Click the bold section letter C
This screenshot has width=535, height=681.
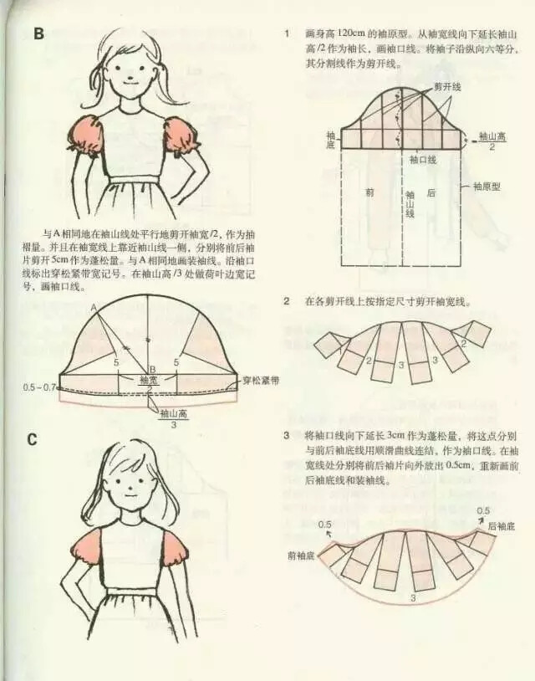tap(33, 438)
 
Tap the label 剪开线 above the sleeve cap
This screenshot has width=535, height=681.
tap(448, 87)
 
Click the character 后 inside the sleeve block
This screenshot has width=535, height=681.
tap(433, 192)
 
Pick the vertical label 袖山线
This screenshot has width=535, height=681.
tap(410, 203)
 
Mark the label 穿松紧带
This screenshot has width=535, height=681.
tap(260, 381)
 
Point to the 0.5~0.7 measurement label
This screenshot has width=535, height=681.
tap(39, 387)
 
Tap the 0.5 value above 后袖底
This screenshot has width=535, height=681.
tap(483, 511)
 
